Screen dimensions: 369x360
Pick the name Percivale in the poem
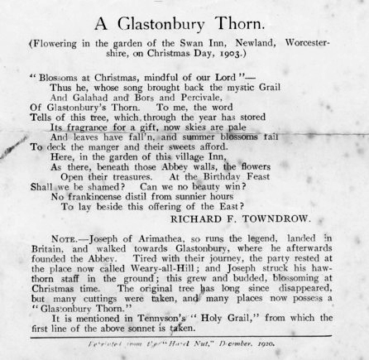tap(175, 95)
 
